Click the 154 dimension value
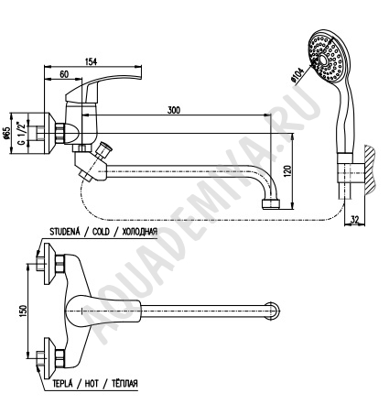[x=91, y=61]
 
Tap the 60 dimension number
[x=64, y=74]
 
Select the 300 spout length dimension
[x=174, y=110]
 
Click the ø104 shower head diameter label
[x=298, y=75]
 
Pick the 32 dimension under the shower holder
[x=354, y=219]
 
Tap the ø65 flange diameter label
[x=7, y=133]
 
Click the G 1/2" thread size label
[x=21, y=134]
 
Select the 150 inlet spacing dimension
[x=23, y=311]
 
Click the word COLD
[x=101, y=232]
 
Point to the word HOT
[x=92, y=383]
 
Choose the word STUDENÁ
[x=65, y=232]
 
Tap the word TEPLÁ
[x=62, y=383]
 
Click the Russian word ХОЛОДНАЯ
[x=140, y=232]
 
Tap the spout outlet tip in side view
[x=271, y=204]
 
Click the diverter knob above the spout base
[x=103, y=149]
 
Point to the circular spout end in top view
[x=272, y=311]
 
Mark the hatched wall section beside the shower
[x=370, y=170]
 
